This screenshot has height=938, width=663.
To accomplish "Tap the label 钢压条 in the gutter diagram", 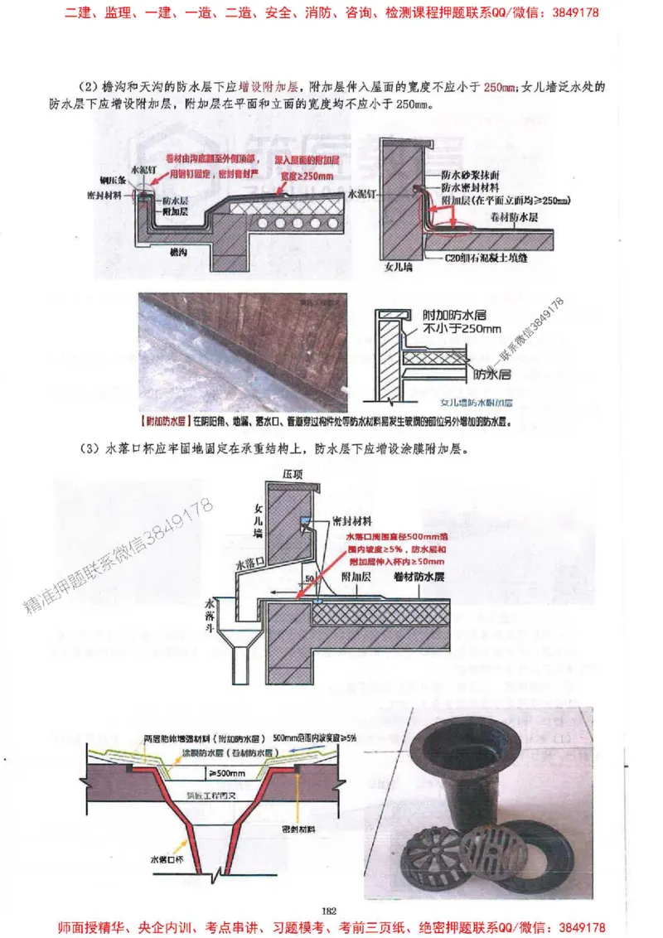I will [114, 180].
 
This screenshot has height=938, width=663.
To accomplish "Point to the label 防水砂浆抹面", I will [471, 176].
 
